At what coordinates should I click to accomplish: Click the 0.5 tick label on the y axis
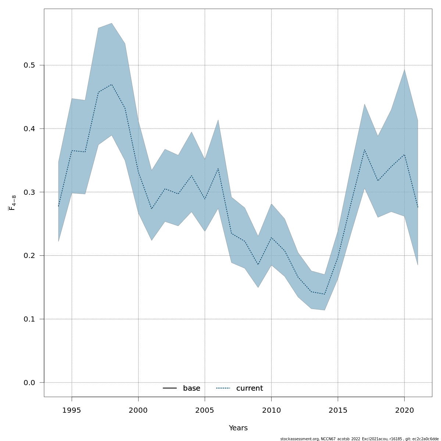click(x=29, y=65)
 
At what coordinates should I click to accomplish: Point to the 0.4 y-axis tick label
click(x=29, y=129)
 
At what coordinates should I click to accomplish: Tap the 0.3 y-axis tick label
click(x=29, y=192)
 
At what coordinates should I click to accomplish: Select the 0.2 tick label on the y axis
click(x=29, y=256)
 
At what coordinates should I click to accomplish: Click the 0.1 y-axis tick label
click(x=29, y=319)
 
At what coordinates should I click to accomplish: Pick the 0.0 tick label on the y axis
click(x=29, y=383)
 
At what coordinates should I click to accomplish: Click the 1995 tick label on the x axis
click(x=72, y=410)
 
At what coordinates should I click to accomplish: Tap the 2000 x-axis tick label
click(x=138, y=410)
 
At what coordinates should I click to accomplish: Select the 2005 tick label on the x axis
click(x=205, y=410)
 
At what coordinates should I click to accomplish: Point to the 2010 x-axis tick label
click(x=271, y=410)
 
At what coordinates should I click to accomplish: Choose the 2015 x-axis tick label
click(x=338, y=410)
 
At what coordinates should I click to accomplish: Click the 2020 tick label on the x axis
click(x=404, y=410)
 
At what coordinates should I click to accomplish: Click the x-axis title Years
click(x=238, y=428)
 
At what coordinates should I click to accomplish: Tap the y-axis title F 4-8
click(x=12, y=203)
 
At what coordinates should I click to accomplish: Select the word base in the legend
click(x=191, y=388)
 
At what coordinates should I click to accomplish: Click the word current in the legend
click(x=250, y=388)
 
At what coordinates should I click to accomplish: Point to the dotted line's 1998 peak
click(x=111, y=85)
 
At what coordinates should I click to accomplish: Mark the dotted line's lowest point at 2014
click(x=325, y=294)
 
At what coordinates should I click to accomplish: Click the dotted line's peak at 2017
click(x=365, y=150)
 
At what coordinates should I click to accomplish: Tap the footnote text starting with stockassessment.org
click(x=359, y=439)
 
